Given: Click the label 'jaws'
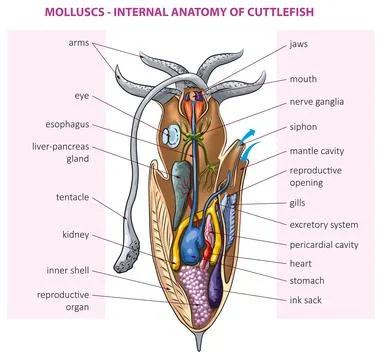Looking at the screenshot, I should coord(300,45).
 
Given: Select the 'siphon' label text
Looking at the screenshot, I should coord(304,128).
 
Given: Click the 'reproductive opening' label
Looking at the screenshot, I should coord(317,179).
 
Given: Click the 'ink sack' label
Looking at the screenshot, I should coord(307,299).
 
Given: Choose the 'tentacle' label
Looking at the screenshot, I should coord(73,197).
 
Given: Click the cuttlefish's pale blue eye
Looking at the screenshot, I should coord(173,133).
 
